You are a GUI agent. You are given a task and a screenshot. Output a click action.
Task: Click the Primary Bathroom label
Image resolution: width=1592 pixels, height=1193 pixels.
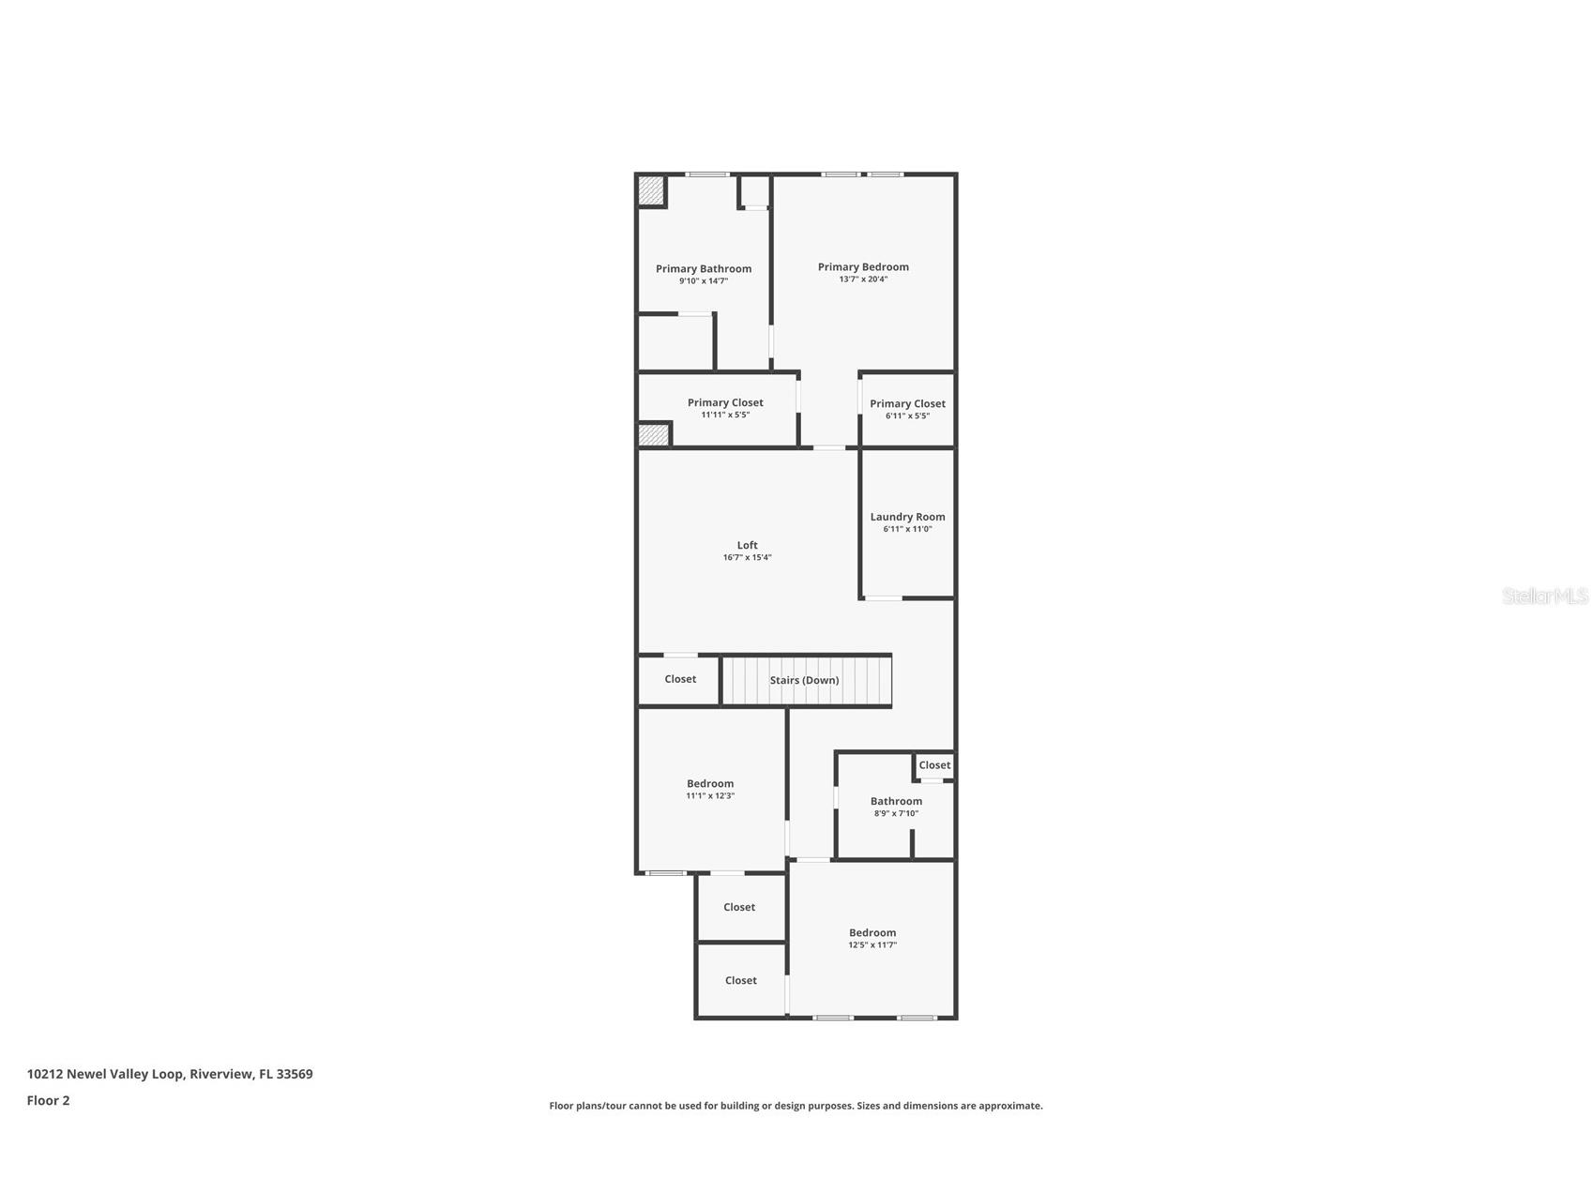click(703, 268)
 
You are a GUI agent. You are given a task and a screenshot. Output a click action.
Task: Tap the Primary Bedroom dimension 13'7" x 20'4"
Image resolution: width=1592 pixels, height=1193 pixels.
click(863, 279)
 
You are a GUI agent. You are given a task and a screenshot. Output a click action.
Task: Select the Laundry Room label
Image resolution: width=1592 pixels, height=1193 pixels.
click(907, 517)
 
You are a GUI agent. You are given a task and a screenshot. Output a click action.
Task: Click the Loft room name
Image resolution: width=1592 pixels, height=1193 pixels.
click(747, 545)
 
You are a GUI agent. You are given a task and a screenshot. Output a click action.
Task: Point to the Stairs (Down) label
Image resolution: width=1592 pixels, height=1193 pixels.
click(804, 680)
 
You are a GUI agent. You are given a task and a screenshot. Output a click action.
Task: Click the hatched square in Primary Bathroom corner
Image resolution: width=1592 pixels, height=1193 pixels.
click(651, 191)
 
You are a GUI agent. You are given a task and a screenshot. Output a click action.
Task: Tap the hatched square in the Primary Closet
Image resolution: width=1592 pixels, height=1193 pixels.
click(654, 435)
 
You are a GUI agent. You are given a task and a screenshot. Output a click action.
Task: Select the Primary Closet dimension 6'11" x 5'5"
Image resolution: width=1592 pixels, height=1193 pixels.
click(907, 415)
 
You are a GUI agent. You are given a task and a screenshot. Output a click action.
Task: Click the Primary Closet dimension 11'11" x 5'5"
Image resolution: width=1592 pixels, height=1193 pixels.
click(725, 415)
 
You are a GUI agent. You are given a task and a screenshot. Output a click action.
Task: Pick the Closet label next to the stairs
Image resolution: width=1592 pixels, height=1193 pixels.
click(680, 679)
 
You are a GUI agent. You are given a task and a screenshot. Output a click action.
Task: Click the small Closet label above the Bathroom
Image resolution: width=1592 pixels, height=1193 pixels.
click(934, 765)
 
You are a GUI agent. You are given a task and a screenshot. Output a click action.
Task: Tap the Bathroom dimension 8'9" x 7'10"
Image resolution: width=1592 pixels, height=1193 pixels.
click(896, 813)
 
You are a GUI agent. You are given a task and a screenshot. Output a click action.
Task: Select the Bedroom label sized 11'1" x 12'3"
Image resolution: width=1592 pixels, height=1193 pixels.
click(710, 783)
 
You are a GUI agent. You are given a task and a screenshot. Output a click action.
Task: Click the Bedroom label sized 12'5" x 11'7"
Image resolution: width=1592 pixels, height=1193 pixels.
click(872, 932)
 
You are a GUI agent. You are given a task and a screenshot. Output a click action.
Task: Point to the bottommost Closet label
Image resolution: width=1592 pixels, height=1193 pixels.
click(740, 980)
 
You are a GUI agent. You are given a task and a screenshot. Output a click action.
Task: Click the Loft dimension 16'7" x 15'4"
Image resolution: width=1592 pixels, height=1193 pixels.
click(747, 557)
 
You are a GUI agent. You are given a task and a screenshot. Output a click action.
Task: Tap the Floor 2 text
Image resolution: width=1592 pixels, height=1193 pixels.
click(48, 1100)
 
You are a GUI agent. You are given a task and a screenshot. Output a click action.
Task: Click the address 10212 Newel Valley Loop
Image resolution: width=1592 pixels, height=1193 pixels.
click(170, 1074)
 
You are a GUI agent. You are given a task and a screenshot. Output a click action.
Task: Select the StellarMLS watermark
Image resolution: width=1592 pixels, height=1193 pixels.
click(1544, 596)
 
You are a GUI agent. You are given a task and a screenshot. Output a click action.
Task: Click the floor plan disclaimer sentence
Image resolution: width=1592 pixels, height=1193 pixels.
click(796, 1106)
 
